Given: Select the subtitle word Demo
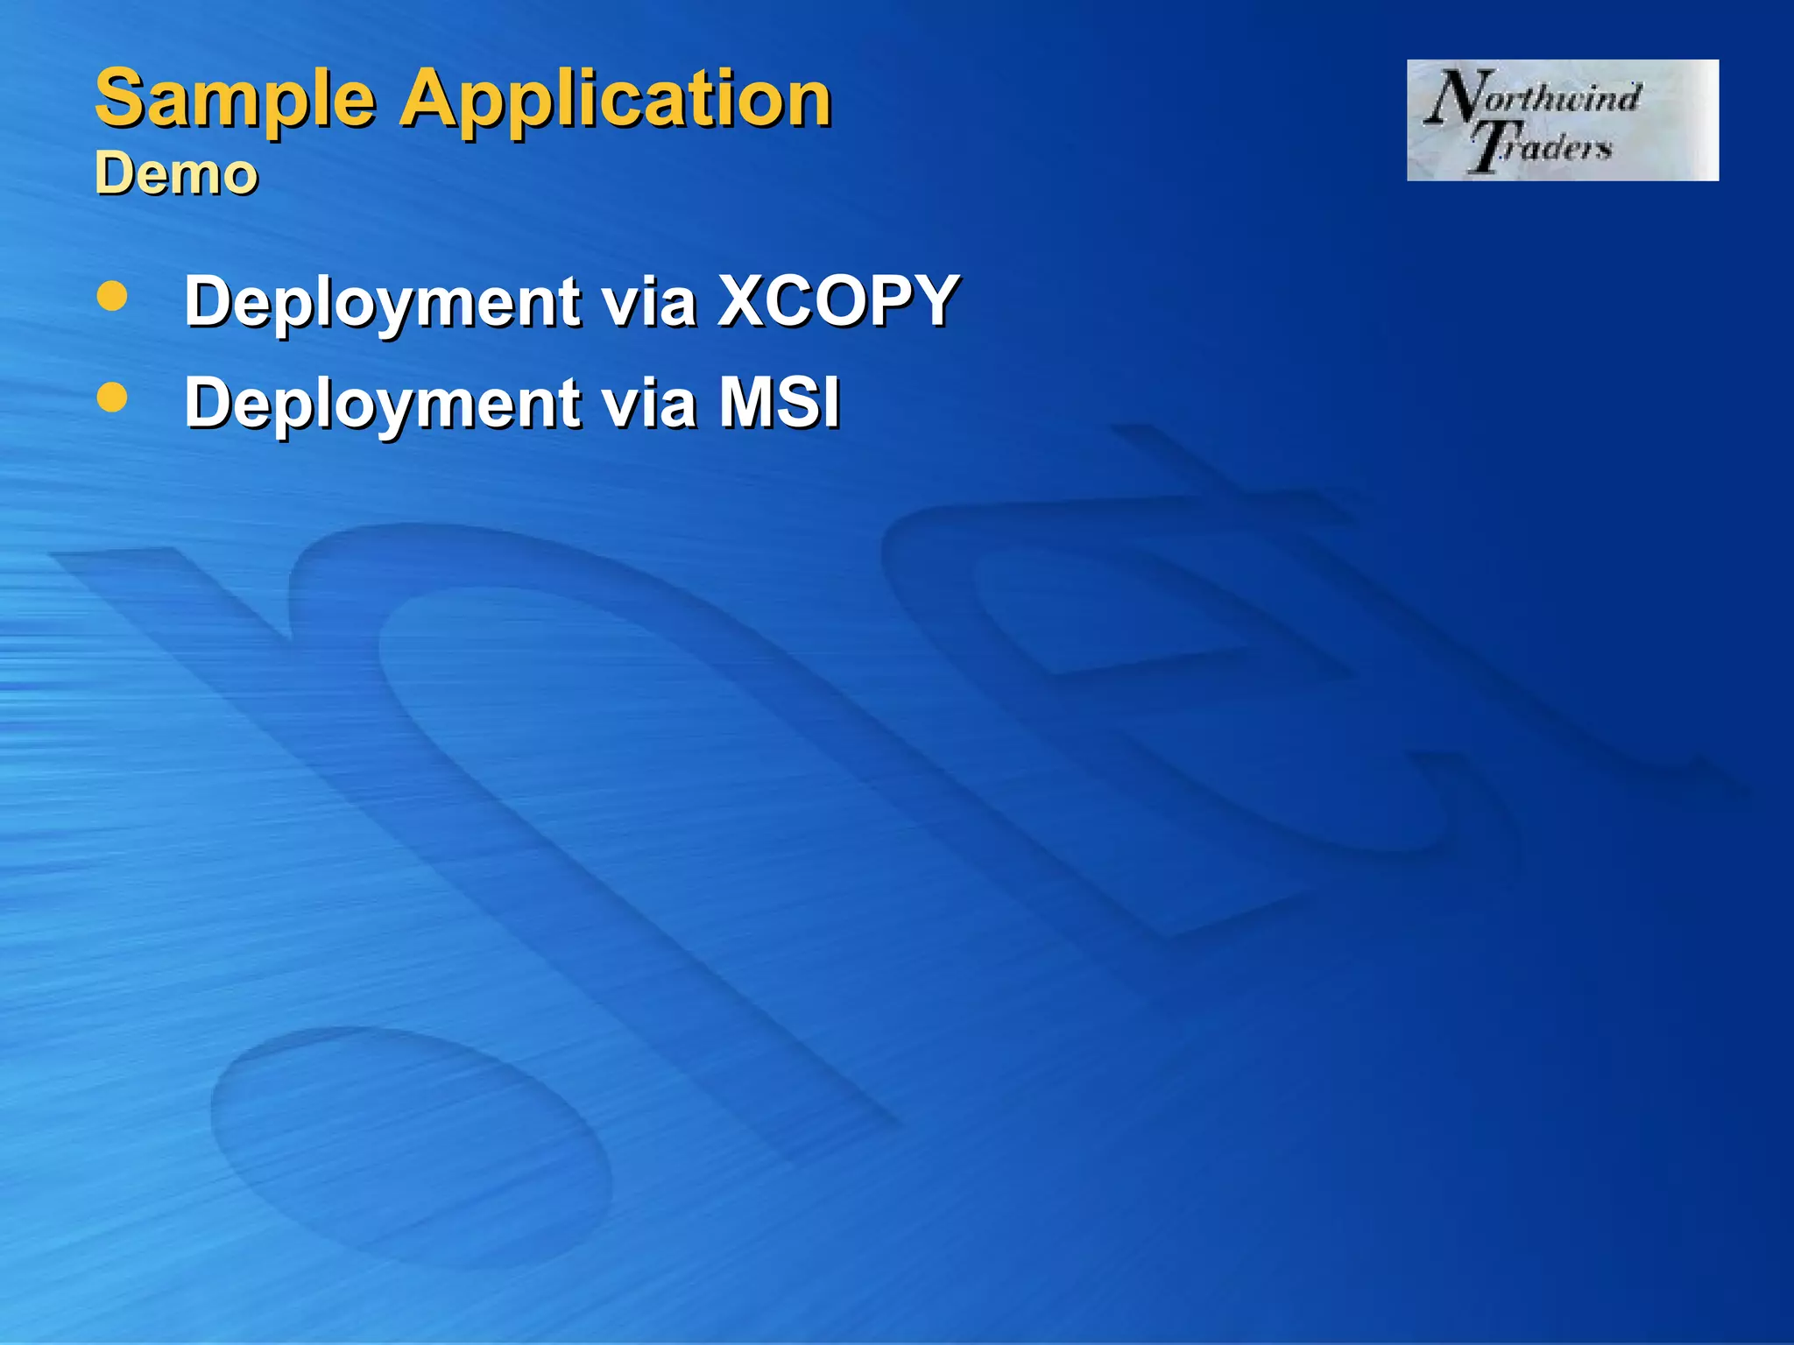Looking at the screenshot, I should coord(176,173).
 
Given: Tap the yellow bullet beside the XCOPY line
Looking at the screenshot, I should coord(112,297).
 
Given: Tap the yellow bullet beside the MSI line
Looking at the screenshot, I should coord(112,398).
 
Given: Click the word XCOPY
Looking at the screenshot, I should coord(838,300).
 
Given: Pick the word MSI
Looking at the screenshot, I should coord(779,402).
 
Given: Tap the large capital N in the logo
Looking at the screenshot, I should coord(1451,96).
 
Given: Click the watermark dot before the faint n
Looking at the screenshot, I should coord(412,1147).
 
